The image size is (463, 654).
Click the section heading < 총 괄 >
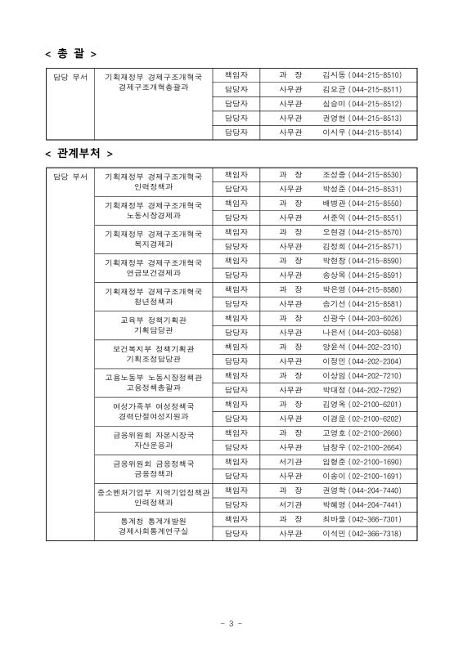70,54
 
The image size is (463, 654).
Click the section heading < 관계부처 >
79,153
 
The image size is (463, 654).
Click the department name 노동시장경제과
153,216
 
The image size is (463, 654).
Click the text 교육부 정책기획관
153,320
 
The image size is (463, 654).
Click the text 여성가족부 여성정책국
153,405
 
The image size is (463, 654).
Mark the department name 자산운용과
153,445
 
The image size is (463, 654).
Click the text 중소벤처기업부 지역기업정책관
153,491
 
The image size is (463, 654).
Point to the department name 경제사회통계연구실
153,531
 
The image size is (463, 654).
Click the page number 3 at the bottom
231,625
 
